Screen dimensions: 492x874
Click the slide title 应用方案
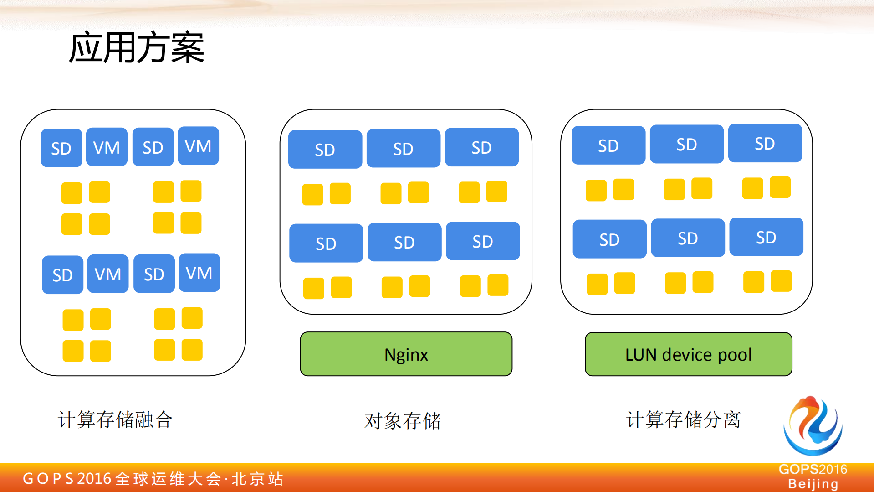(x=137, y=47)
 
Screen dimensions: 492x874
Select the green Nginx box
(x=406, y=354)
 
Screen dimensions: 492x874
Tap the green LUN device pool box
(x=688, y=354)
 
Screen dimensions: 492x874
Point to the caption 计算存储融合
(x=115, y=419)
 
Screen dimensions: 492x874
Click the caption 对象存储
(x=403, y=421)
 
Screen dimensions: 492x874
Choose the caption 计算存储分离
(x=683, y=419)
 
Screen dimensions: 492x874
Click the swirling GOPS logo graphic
(x=813, y=426)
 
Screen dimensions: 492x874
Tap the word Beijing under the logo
(x=813, y=484)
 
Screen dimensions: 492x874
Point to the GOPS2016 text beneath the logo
(x=813, y=469)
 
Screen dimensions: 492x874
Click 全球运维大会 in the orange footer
(x=168, y=479)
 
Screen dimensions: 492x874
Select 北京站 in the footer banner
(x=258, y=479)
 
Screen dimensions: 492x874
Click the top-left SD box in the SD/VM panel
(x=61, y=148)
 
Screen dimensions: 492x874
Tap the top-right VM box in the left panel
(x=198, y=146)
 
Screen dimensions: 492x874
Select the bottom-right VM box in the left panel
(x=199, y=273)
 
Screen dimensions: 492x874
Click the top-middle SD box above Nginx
(x=404, y=149)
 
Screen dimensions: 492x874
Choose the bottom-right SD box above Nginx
(x=483, y=241)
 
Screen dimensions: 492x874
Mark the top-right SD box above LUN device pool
(x=765, y=143)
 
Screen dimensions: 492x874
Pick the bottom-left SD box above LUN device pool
(x=609, y=239)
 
